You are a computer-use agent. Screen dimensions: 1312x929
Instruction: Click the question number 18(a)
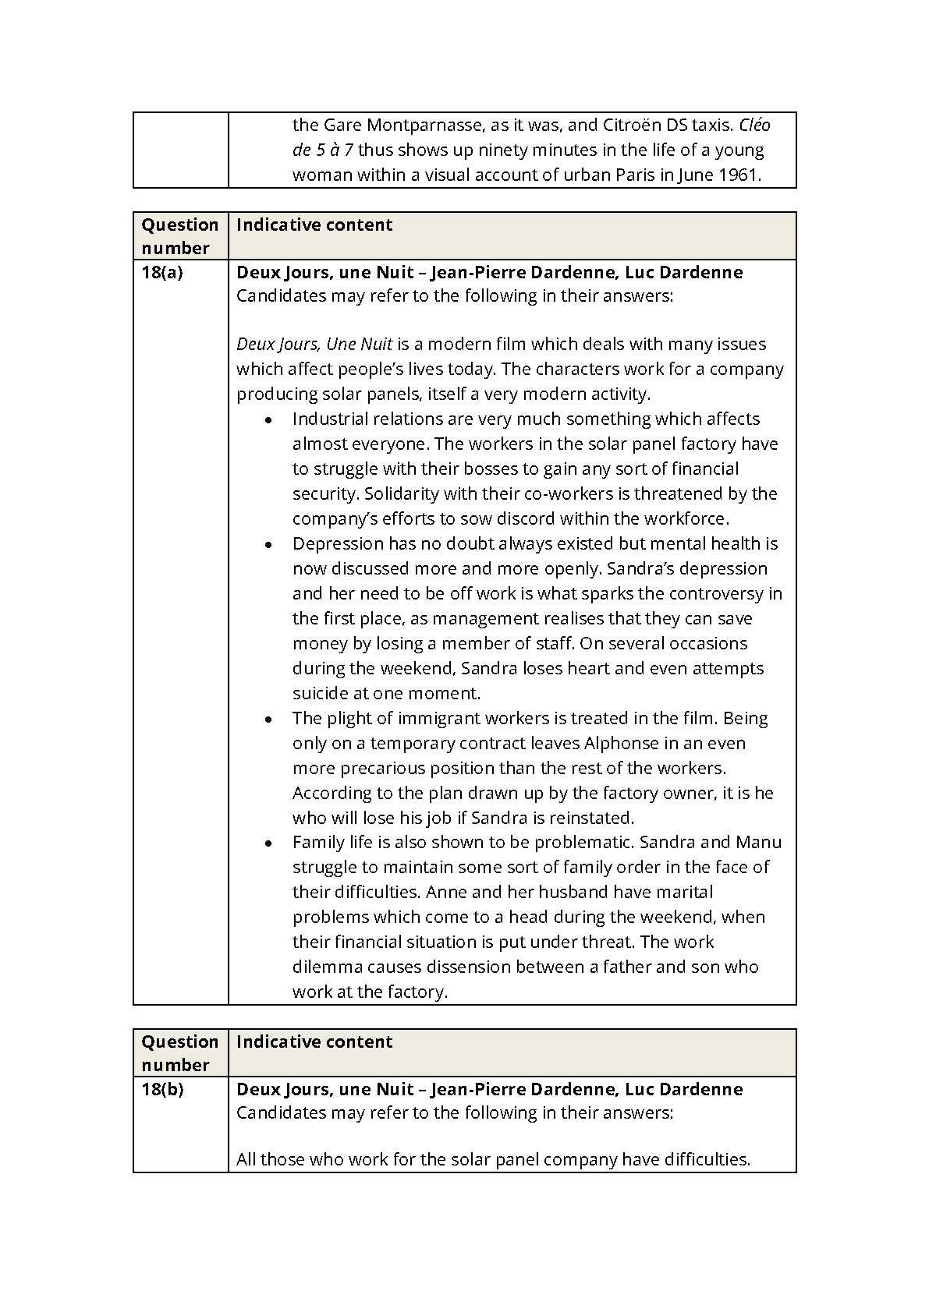[x=161, y=272]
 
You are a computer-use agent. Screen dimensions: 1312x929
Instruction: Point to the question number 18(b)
[x=162, y=1089]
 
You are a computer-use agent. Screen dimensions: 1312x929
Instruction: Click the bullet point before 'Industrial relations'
[x=268, y=419]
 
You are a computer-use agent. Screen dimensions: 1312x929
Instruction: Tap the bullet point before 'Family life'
[x=268, y=843]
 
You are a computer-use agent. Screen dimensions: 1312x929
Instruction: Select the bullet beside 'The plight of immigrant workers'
[x=268, y=719]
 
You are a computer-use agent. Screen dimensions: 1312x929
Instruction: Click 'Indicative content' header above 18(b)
[x=314, y=1041]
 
